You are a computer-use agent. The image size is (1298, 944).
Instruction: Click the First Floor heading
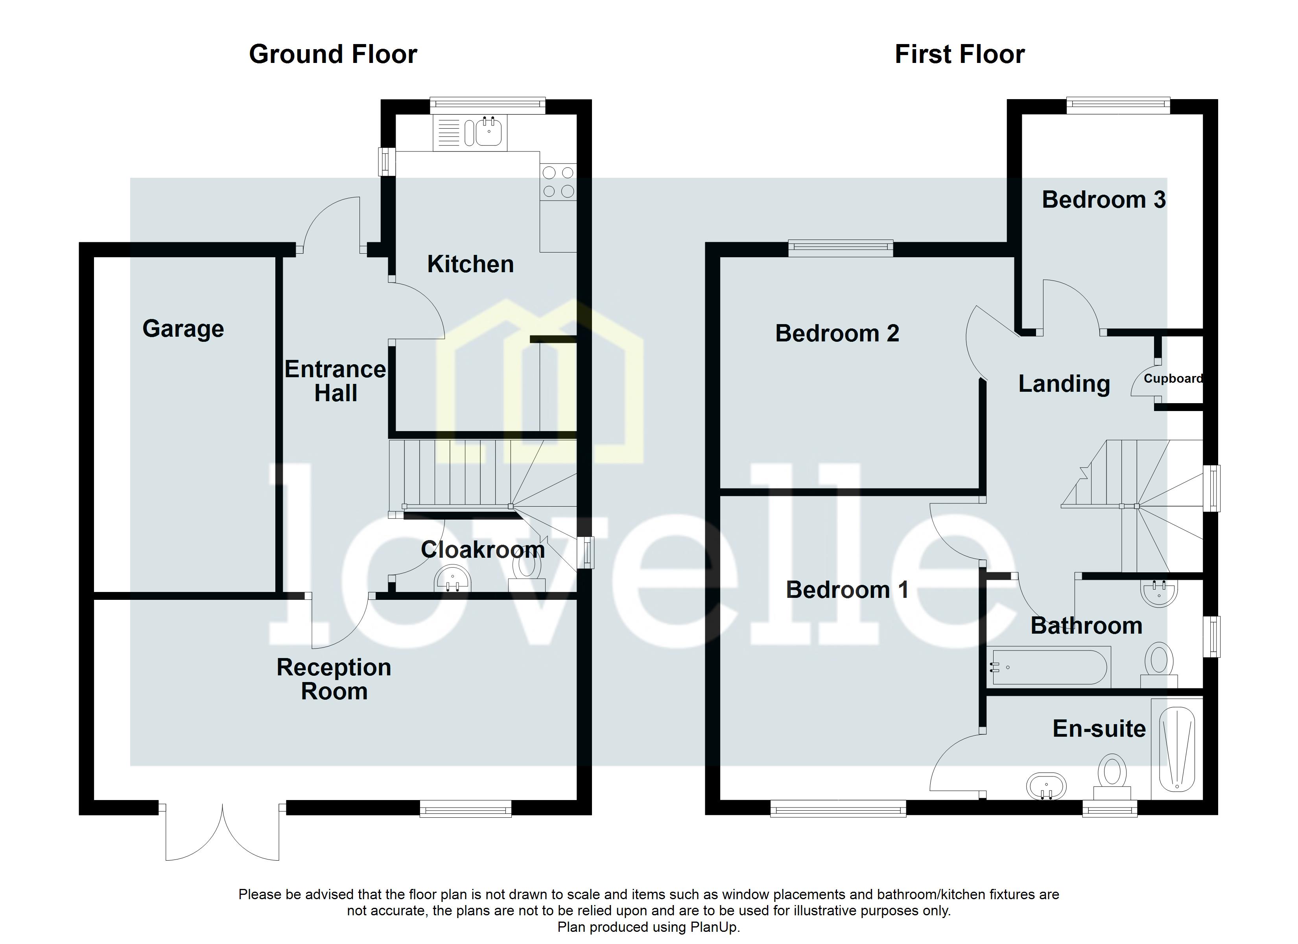click(x=959, y=54)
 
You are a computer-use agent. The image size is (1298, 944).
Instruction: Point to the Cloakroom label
click(x=483, y=549)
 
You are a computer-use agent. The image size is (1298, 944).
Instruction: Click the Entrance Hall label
click(x=336, y=381)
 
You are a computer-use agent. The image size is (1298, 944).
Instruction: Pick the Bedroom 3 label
click(x=1103, y=200)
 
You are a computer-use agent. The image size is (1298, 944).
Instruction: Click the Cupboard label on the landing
click(x=1173, y=378)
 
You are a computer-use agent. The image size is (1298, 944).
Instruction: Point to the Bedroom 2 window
click(x=840, y=247)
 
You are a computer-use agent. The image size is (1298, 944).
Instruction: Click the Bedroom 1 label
click(x=847, y=590)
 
